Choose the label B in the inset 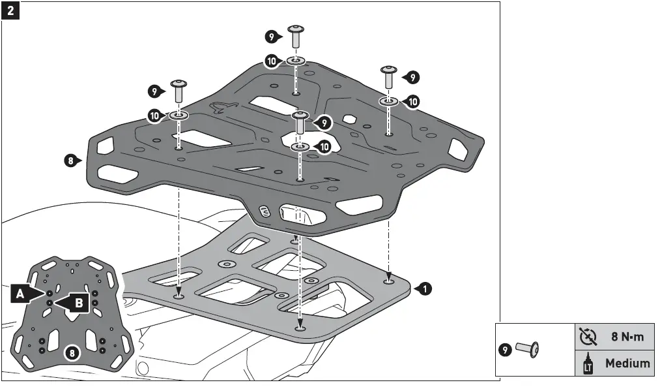click(x=77, y=302)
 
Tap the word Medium click(x=627, y=363)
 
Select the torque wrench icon click(x=588, y=337)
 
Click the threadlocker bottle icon click(x=587, y=364)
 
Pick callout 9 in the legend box click(x=506, y=350)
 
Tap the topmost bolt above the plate click(x=296, y=37)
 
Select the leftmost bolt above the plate click(x=178, y=90)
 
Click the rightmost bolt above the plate click(x=389, y=77)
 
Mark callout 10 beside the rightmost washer click(x=412, y=101)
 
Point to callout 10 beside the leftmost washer click(x=155, y=116)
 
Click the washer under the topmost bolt click(x=296, y=61)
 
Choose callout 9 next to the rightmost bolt click(x=411, y=77)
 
